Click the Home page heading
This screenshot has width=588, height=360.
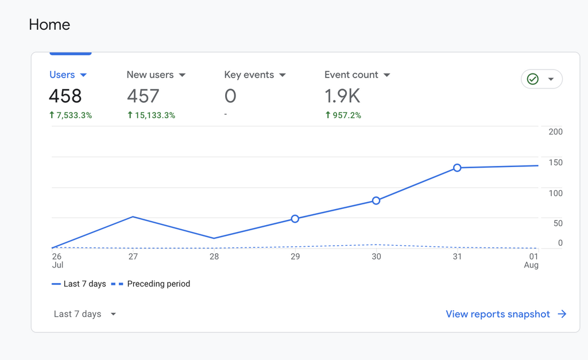coord(49,25)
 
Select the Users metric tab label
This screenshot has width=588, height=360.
coord(62,75)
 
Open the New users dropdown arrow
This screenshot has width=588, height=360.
coord(182,75)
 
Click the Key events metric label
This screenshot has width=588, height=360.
coord(249,75)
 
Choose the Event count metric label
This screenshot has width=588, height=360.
coord(351,75)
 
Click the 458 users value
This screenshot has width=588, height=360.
coord(65,96)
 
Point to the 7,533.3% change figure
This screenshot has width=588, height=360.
coord(71,115)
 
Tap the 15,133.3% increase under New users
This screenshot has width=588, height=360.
coord(151,115)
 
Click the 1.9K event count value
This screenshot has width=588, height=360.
coord(342,96)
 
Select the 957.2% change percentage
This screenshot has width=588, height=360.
coord(343,115)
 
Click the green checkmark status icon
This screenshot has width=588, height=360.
coord(533,79)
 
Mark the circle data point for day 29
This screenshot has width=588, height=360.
coord(295,219)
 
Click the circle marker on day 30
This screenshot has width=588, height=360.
coord(376,200)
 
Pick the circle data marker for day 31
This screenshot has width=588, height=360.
coord(457,168)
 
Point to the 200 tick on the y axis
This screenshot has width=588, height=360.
coord(555,131)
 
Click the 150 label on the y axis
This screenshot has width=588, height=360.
coord(555,162)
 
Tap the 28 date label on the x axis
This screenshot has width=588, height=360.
coord(214,257)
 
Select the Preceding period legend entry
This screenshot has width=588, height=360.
coord(158,284)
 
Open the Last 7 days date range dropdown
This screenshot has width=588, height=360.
coord(84,314)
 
